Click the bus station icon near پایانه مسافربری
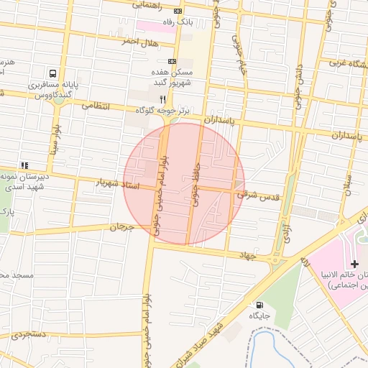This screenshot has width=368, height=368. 53,73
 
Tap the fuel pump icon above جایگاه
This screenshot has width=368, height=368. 259,304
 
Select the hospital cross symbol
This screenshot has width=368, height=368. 354,264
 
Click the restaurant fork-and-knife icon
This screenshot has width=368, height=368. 163,98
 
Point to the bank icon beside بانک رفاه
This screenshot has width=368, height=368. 178,11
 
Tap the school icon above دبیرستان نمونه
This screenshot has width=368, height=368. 24,165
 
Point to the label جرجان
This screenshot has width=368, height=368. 121,227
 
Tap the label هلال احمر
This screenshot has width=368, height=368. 139,41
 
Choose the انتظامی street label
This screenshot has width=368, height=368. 96,106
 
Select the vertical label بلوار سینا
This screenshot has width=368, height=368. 55,142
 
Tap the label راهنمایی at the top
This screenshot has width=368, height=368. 147,5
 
